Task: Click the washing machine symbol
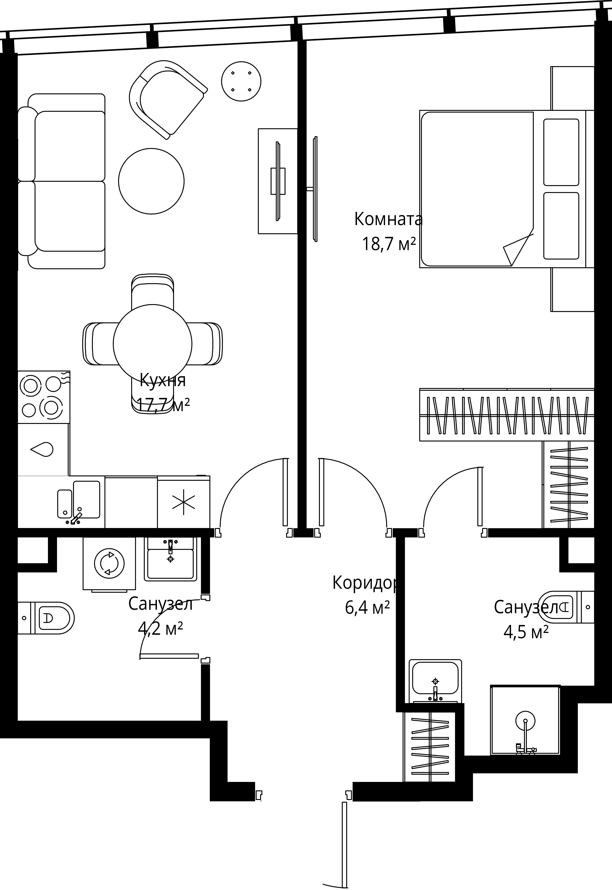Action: (109, 564)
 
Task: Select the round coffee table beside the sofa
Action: (151, 181)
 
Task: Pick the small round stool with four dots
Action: (241, 81)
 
